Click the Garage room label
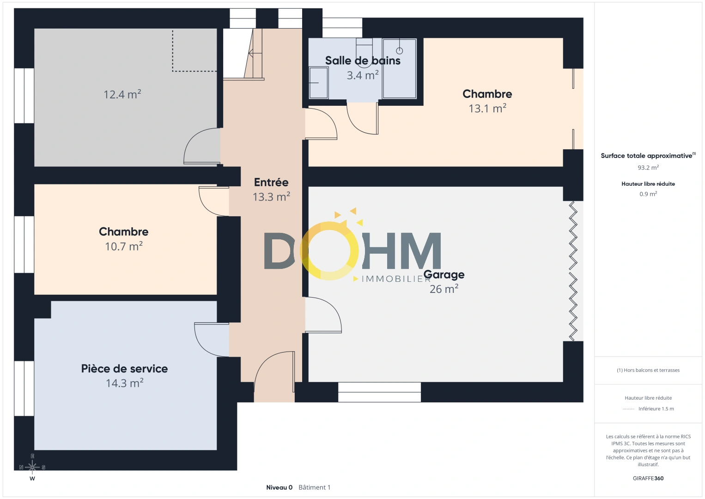click(x=444, y=275)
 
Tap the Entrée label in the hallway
click(x=271, y=183)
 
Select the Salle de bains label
click(x=363, y=61)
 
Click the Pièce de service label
click(x=124, y=369)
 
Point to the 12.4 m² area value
click(x=122, y=94)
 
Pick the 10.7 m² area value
click(x=124, y=246)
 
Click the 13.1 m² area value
click(x=487, y=108)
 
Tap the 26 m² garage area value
click(x=444, y=289)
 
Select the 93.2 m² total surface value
click(x=648, y=167)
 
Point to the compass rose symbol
click(x=32, y=467)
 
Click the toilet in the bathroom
click(x=364, y=51)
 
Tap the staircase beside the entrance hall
click(x=243, y=54)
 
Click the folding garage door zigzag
click(x=573, y=271)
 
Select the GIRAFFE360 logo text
click(x=648, y=478)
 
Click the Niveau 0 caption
click(x=279, y=487)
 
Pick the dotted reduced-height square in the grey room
click(x=194, y=50)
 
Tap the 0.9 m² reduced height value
click(x=648, y=194)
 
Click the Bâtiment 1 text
click(x=315, y=487)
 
